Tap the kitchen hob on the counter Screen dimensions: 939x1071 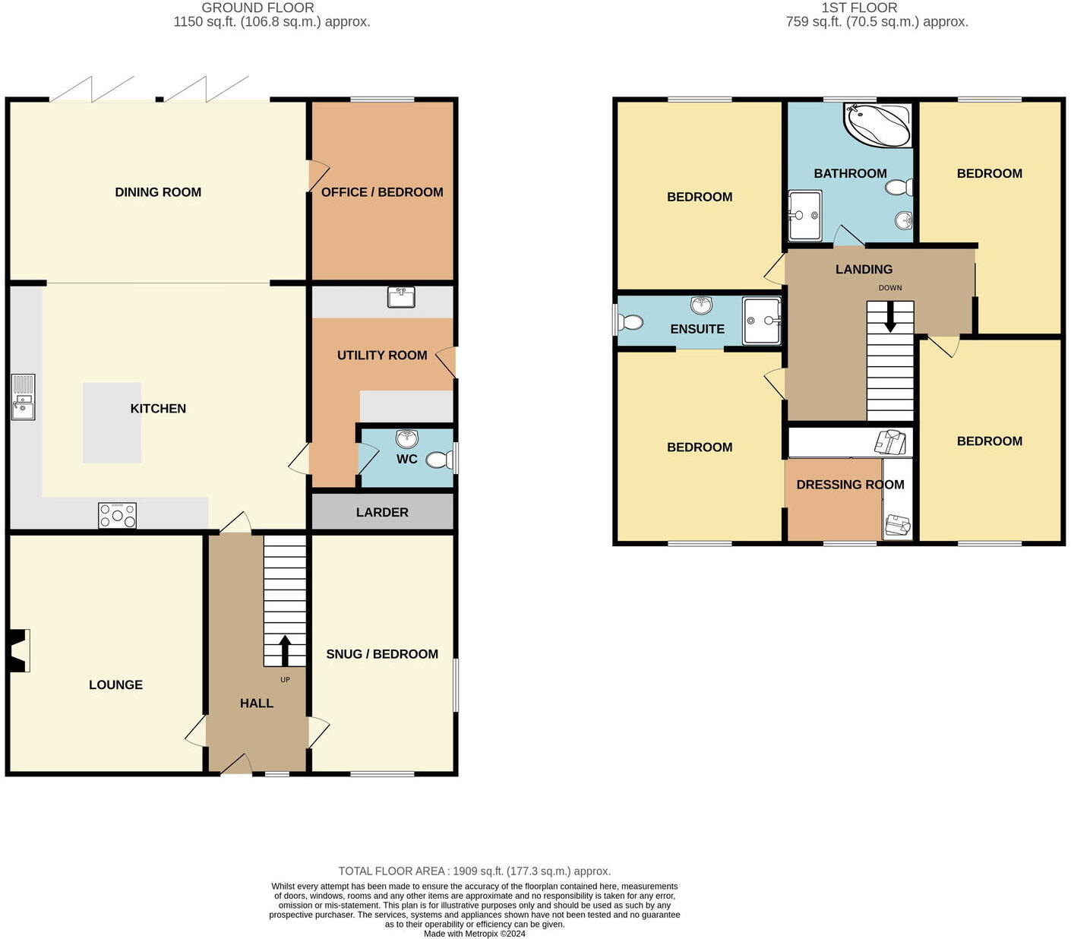[x=117, y=515]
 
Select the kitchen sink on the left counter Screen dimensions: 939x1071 [x=23, y=397]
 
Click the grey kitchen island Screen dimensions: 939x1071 [x=112, y=423]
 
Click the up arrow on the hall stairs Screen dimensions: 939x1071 [x=285, y=650]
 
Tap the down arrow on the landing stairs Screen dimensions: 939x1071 [x=889, y=317]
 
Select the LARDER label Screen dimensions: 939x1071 [x=382, y=513]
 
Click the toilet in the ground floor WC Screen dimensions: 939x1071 [x=439, y=460]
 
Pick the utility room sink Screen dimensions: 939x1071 [x=400, y=297]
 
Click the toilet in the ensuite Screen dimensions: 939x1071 [x=630, y=323]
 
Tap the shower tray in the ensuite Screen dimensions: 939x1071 [x=762, y=321]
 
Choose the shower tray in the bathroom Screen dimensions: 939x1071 [x=804, y=215]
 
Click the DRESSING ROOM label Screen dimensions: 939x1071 [x=850, y=485]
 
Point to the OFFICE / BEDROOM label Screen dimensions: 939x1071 [x=382, y=192]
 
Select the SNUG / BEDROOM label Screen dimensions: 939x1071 [x=382, y=654]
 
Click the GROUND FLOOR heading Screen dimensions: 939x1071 [x=257, y=8]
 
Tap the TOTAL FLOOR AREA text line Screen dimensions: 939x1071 [x=474, y=871]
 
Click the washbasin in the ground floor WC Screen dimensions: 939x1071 [x=407, y=438]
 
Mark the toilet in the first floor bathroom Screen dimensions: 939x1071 [x=900, y=188]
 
